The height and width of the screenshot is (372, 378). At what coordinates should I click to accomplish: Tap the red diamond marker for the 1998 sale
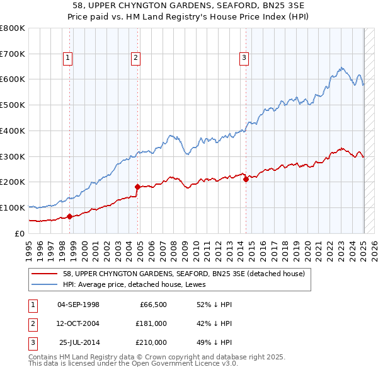69,216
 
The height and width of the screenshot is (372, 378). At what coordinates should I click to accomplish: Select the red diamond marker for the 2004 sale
137,187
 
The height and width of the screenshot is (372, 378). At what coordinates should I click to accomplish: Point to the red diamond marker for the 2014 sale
246,179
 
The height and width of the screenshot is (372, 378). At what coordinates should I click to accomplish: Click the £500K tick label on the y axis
13,105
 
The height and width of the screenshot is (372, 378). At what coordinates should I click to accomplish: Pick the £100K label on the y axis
13,207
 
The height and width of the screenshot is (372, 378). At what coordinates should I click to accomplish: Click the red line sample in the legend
45,274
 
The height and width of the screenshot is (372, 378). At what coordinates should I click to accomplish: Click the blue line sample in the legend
45,284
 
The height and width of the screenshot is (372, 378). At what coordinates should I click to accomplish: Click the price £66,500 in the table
151,305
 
